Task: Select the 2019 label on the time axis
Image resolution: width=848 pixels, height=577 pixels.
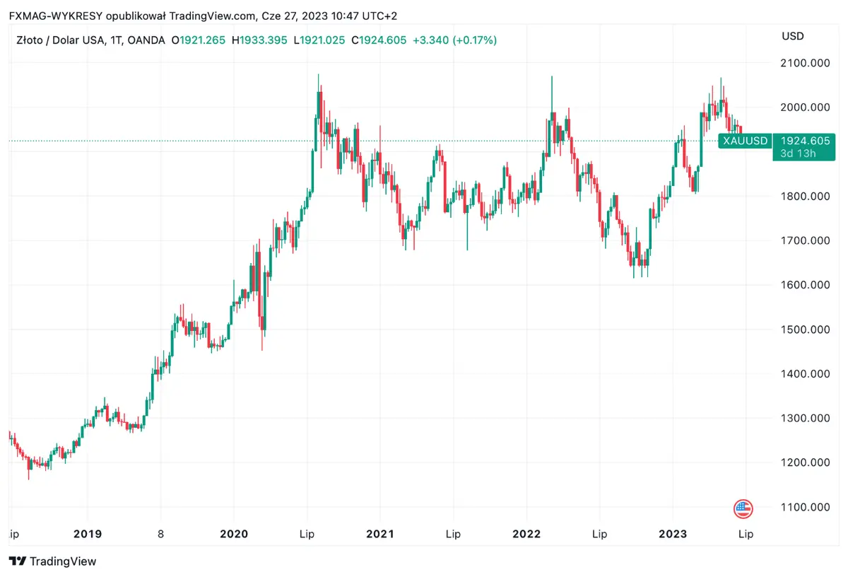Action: click(x=88, y=534)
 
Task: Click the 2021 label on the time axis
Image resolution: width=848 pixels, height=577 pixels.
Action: click(x=380, y=534)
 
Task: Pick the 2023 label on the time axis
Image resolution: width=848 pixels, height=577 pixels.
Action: click(x=672, y=534)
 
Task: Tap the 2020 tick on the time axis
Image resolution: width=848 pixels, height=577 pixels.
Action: click(x=234, y=534)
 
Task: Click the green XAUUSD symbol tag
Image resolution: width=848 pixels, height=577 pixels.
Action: click(x=745, y=141)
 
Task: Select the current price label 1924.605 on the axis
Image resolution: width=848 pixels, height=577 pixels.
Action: click(x=805, y=141)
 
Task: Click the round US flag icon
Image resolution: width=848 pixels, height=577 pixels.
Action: click(x=743, y=508)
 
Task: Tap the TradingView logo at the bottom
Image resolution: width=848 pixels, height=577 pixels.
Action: click(x=53, y=561)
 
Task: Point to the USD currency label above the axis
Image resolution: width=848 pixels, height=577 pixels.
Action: click(x=792, y=36)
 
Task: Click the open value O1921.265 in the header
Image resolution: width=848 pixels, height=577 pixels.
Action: click(x=199, y=40)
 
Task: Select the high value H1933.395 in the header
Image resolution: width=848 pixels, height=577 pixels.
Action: click(x=260, y=40)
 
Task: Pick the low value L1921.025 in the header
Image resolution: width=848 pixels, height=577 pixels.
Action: click(x=319, y=40)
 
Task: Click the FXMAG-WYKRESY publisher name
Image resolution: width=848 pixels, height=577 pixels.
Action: click(x=50, y=16)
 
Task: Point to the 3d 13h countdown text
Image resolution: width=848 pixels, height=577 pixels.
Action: click(x=799, y=153)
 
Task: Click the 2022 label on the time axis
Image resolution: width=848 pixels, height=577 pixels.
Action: click(x=526, y=534)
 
